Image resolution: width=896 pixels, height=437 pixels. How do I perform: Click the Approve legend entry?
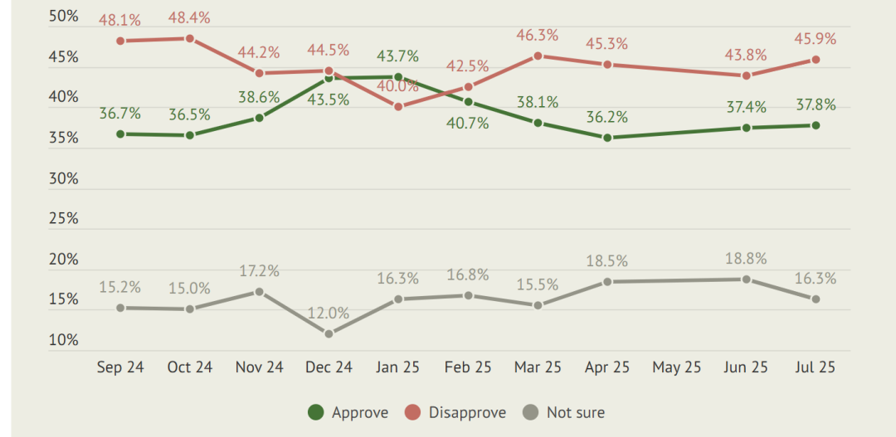[348, 412]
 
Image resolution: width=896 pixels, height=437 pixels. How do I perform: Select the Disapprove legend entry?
[455, 412]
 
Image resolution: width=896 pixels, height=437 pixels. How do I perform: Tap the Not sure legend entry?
[563, 412]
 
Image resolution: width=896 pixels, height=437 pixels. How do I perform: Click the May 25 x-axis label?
[677, 367]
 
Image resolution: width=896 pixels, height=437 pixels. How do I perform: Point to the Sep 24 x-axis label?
[120, 367]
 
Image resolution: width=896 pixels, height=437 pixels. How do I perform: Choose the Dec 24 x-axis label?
[329, 367]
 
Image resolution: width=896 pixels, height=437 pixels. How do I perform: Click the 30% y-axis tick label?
[63, 179]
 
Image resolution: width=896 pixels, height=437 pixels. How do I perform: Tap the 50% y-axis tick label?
[63, 16]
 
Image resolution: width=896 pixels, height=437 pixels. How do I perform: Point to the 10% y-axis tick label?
[63, 341]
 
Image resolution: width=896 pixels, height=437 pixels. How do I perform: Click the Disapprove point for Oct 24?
[190, 38]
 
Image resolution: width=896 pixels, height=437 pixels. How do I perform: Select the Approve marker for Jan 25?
[398, 76]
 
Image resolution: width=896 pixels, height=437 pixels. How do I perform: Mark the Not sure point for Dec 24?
[329, 333]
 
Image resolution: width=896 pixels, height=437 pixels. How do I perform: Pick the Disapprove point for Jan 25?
[398, 106]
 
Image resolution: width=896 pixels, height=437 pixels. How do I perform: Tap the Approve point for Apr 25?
[606, 138]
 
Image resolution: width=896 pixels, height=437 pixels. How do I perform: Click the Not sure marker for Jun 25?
[747, 279]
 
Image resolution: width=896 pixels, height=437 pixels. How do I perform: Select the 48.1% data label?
[120, 20]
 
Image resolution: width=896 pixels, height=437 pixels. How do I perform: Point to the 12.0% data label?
[329, 313]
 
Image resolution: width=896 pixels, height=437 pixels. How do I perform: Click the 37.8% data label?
[816, 105]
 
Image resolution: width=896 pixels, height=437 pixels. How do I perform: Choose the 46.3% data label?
[537, 36]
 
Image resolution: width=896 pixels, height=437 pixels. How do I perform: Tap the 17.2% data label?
[259, 271]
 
